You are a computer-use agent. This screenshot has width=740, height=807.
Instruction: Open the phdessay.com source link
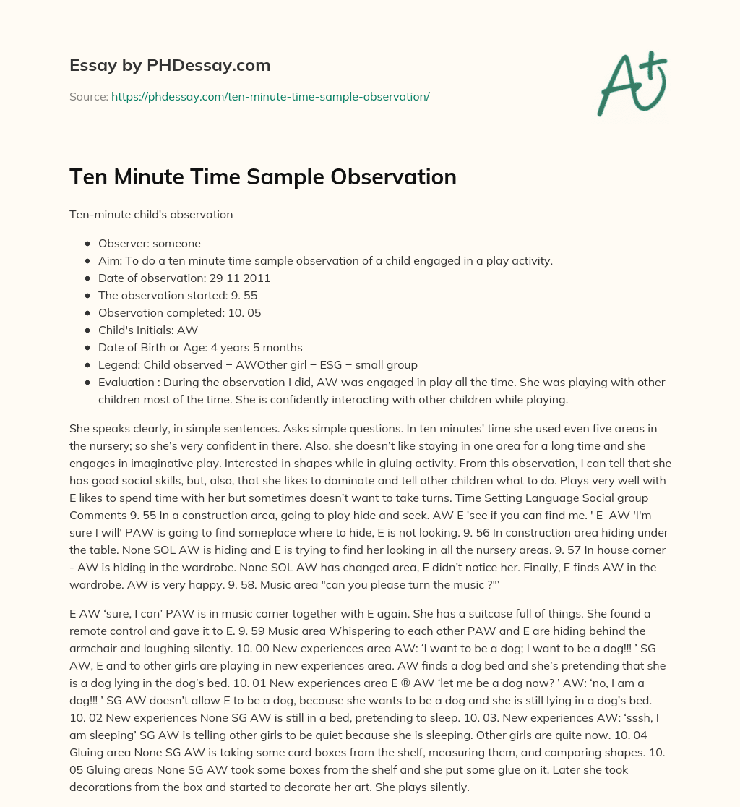pos(270,96)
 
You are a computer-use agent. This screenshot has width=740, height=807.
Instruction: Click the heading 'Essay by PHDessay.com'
pos(170,66)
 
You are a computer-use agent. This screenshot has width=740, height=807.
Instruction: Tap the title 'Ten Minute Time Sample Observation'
pos(262,177)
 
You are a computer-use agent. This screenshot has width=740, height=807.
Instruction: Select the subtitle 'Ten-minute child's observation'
pos(150,215)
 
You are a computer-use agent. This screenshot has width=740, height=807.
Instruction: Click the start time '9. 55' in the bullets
pos(244,294)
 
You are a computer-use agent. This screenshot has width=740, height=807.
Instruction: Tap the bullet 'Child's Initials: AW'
pos(148,330)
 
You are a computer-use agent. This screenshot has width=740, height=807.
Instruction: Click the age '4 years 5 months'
pos(257,347)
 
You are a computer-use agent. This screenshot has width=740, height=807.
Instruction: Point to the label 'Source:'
pos(88,96)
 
